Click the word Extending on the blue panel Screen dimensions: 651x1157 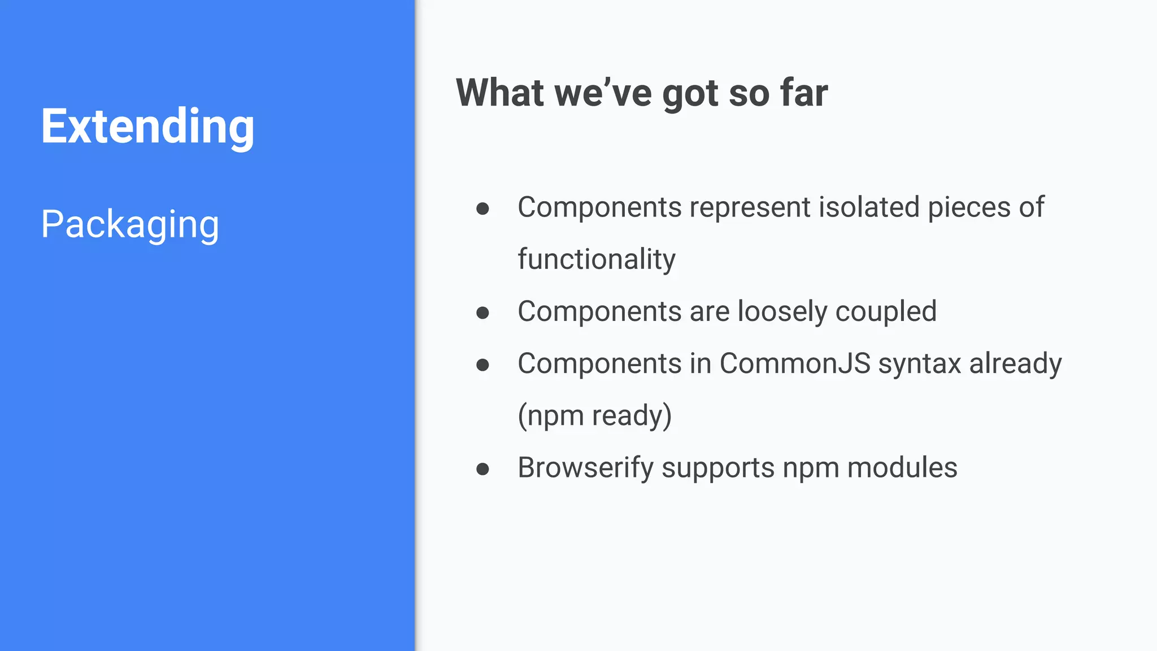pyautogui.click(x=147, y=127)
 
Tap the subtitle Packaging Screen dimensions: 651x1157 pyautogui.click(x=130, y=224)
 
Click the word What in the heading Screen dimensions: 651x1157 pyautogui.click(x=501, y=93)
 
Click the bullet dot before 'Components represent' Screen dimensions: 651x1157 pyautogui.click(x=482, y=209)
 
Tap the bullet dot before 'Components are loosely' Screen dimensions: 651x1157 pyautogui.click(x=482, y=313)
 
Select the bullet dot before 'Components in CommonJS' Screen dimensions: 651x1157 pyautogui.click(x=482, y=365)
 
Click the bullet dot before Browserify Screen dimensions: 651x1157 pyautogui.click(x=482, y=469)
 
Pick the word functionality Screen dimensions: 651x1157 pyautogui.click(x=597, y=259)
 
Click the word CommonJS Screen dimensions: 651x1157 pyautogui.click(x=795, y=363)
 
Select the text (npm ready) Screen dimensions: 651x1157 pyautogui.click(x=594, y=416)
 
